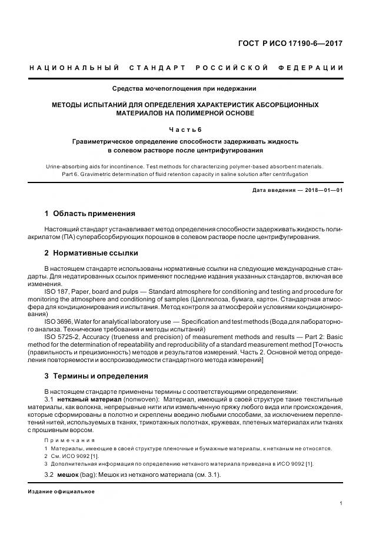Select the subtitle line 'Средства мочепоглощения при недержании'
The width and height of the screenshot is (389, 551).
point(184,89)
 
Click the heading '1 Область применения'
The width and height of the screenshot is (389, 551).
point(90,214)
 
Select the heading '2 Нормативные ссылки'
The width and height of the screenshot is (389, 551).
point(92,253)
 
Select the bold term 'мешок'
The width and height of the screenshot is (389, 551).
point(67,475)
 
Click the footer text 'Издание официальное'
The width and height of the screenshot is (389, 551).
point(61,492)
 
